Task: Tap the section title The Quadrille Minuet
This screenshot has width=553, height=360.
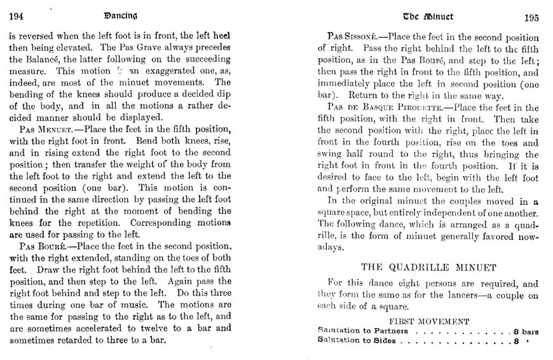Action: [429, 267]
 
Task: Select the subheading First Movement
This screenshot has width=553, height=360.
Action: [429, 322]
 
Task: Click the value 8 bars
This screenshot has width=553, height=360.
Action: [526, 331]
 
